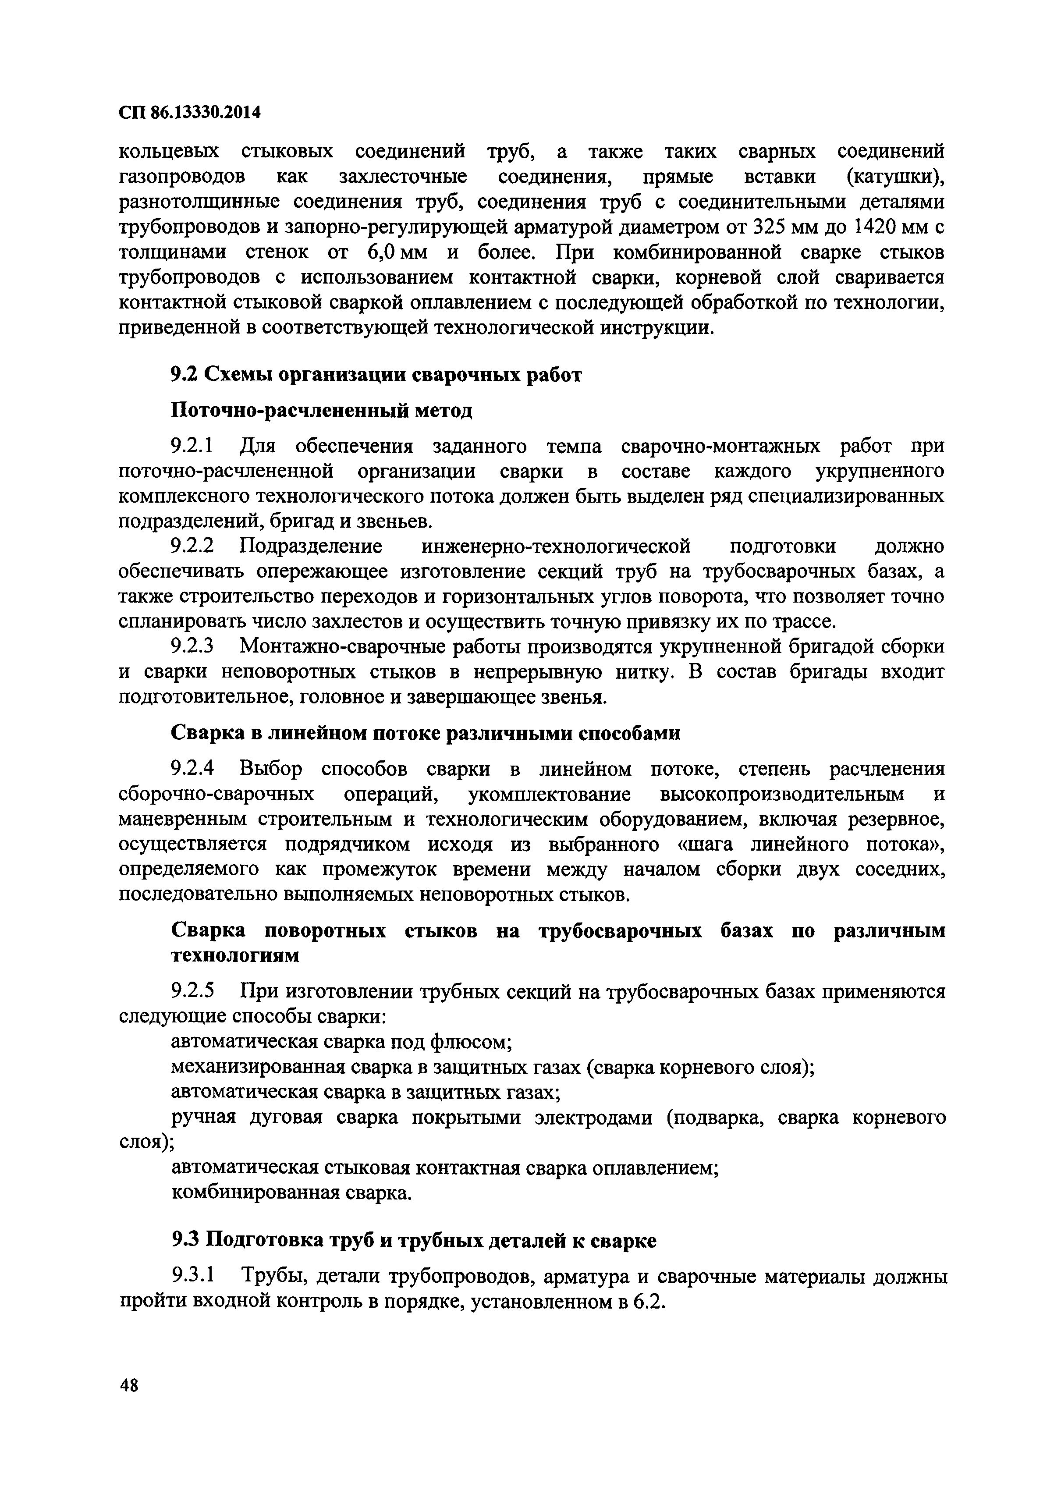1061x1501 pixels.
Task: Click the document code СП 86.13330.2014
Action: (x=190, y=113)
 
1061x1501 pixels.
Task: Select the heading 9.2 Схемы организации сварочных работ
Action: (x=376, y=375)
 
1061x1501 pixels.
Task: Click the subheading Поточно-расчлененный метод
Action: (x=321, y=411)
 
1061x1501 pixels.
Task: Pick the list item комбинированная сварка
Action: (x=291, y=1193)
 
